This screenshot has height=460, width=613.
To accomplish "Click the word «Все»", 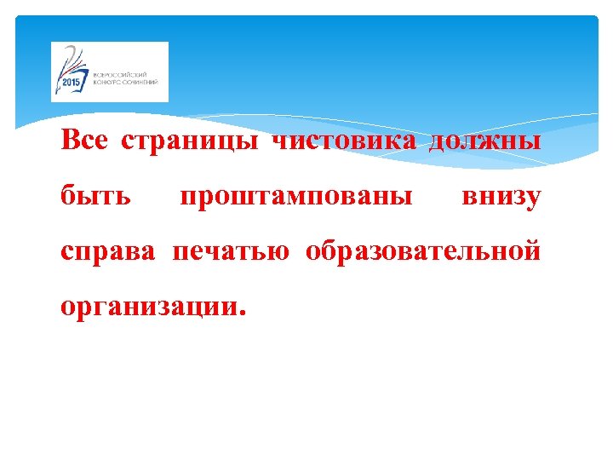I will (83, 141).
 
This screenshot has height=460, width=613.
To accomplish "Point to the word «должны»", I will (484, 141).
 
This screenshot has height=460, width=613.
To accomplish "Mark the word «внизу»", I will (501, 197).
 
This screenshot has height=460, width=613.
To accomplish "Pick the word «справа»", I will (108, 252).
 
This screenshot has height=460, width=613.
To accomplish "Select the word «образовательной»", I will (423, 252).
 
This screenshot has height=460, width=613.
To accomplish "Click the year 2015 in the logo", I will (70, 83).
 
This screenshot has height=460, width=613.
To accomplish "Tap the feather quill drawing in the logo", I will (76, 62).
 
